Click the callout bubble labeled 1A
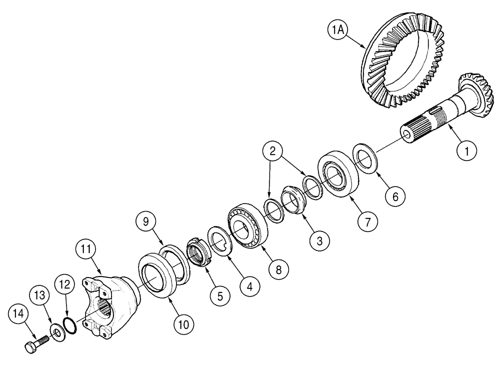[x=336, y=31]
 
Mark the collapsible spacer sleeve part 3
[x=293, y=199]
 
